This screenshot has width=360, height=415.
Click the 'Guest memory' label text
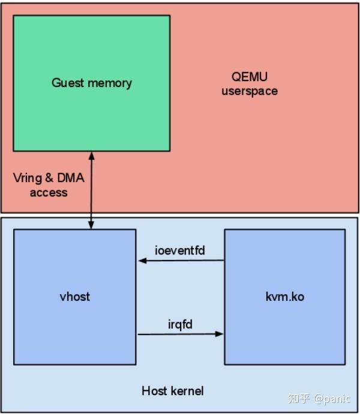[91, 83]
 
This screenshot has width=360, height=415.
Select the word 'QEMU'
[250, 77]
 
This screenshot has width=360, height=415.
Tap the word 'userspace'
[250, 91]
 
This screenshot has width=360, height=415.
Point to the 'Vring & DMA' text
[49, 179]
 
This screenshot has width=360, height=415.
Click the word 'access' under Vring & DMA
[49, 193]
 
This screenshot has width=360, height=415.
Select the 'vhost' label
[76, 296]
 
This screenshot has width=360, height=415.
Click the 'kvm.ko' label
[284, 296]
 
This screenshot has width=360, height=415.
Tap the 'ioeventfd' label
[180, 250]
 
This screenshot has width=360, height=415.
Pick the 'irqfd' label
[180, 324]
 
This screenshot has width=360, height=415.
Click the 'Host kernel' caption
[172, 391]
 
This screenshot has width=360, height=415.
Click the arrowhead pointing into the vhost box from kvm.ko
[142, 261]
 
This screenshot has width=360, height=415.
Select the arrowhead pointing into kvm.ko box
[220, 334]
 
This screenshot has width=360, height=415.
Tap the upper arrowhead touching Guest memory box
[91, 155]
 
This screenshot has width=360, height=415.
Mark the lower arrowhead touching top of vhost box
[91, 225]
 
